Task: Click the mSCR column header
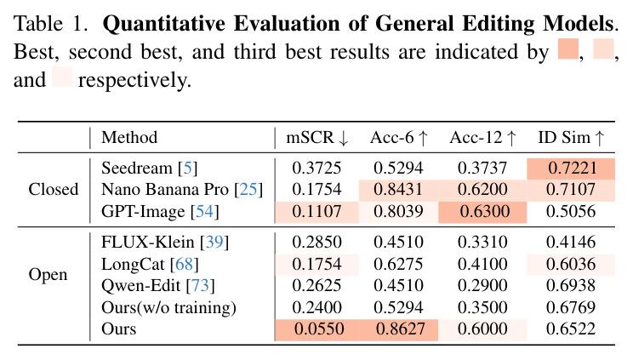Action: pyautogui.click(x=316, y=138)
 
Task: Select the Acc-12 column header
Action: pyautogui.click(x=482, y=138)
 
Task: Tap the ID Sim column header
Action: pyautogui.click(x=571, y=138)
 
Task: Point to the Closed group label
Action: pyautogui.click(x=54, y=189)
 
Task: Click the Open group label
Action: pyautogui.click(x=48, y=275)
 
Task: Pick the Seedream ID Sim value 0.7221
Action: pyautogui.click(x=571, y=168)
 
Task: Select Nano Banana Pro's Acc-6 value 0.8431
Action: pyautogui.click(x=398, y=190)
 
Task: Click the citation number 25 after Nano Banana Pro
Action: pyautogui.click(x=248, y=190)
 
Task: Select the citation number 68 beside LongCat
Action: pyautogui.click(x=184, y=264)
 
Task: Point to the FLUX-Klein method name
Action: pyautogui.click(x=148, y=242)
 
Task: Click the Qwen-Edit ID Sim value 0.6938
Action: pyautogui.click(x=571, y=285)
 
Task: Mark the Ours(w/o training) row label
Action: pyautogui.click(x=168, y=308)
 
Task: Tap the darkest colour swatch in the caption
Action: pyautogui.click(x=568, y=49)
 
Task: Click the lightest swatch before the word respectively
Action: pyautogui.click(x=62, y=77)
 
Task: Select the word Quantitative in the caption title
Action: pyautogui.click(x=164, y=24)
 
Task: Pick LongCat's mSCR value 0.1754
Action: pyautogui.click(x=316, y=264)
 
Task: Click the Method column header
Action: pyautogui.click(x=129, y=138)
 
